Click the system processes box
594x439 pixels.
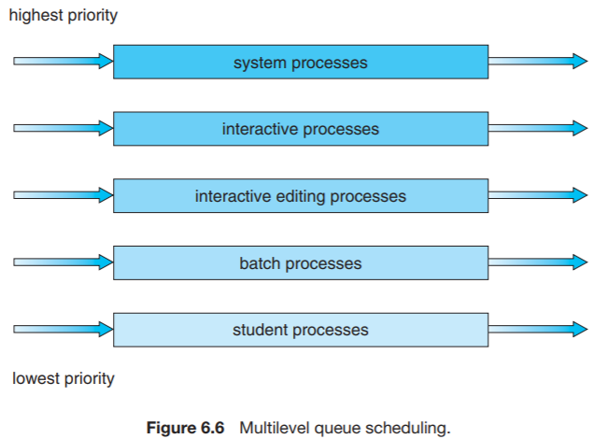click(x=300, y=63)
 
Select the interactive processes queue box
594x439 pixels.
click(x=300, y=129)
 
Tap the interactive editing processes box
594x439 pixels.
click(x=300, y=196)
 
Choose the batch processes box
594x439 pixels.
click(x=300, y=263)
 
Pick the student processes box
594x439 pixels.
click(x=300, y=330)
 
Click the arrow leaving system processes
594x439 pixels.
click(x=537, y=62)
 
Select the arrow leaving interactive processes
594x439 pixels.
click(x=537, y=129)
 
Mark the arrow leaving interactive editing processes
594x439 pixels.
click(x=537, y=196)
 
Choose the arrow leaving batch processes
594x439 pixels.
click(x=537, y=263)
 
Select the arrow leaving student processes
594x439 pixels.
click(x=537, y=330)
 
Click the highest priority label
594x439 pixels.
click(x=64, y=17)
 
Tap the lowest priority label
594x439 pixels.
click(x=64, y=378)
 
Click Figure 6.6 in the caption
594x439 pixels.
click(x=186, y=428)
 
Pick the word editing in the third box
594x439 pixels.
click(x=297, y=197)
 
